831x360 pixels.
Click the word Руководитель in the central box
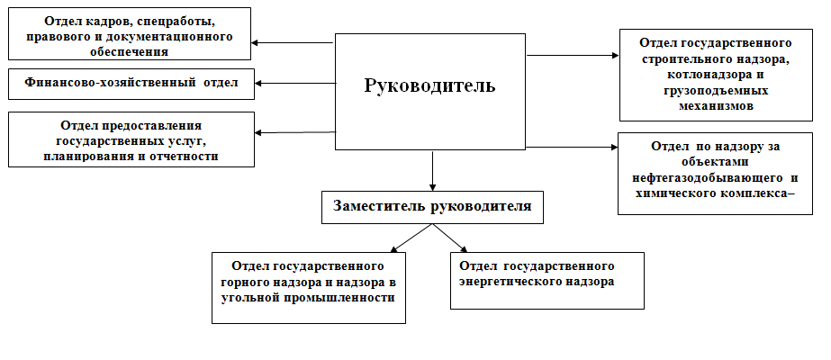coord(429,85)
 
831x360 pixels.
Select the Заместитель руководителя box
coord(432,207)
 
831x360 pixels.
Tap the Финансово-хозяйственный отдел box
coord(131,84)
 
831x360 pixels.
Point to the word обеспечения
coord(130,52)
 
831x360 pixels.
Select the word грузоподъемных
coord(716,90)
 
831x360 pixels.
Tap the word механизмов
coord(716,105)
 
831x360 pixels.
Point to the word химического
coord(674,193)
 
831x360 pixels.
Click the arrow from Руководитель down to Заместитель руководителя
coord(432,171)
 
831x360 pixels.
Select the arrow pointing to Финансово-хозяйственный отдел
coord(295,83)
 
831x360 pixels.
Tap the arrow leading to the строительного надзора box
coord(573,55)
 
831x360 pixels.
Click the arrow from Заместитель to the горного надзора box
coord(411,238)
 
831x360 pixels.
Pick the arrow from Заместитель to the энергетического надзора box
coord(450,238)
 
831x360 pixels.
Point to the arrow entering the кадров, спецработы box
coord(292,43)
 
